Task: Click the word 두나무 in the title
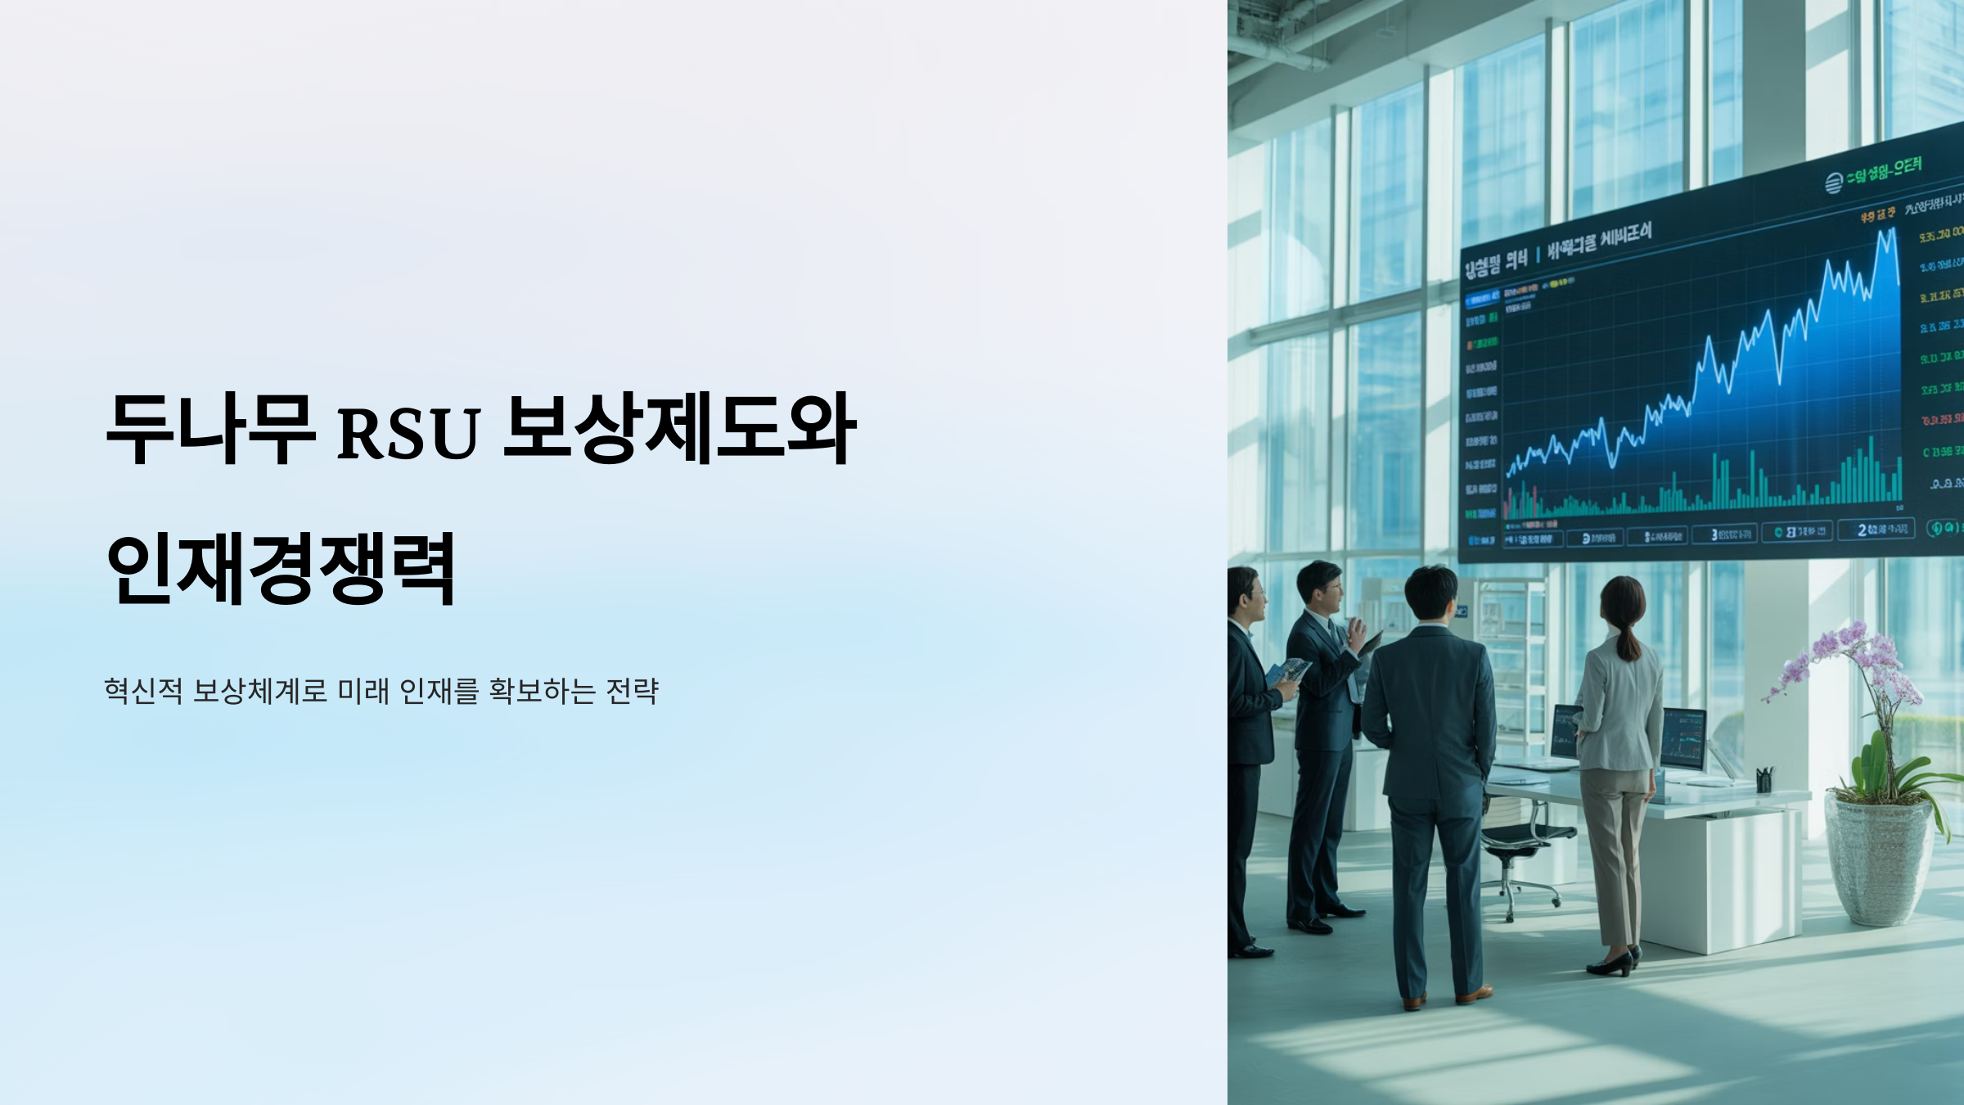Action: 210,428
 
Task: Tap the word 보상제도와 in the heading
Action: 679,428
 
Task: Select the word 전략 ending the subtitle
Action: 632,691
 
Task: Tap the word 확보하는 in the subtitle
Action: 542,691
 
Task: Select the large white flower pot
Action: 1879,859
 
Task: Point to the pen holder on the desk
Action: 1765,778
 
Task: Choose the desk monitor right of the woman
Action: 1682,737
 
